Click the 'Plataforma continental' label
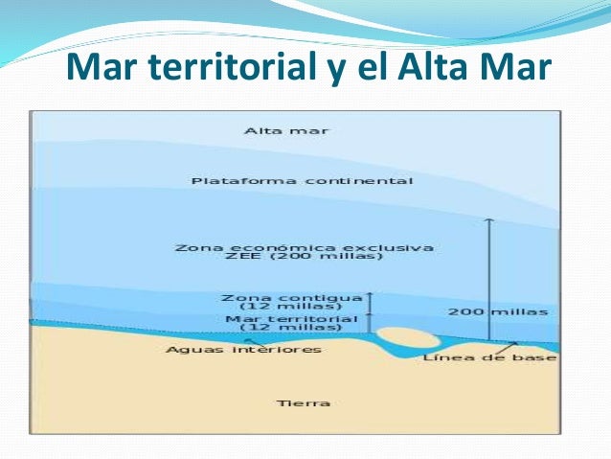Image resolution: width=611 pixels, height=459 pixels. pos(303,180)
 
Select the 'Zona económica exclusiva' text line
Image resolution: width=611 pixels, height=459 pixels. pos(304,247)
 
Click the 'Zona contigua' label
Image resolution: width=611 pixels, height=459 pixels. pos(291,297)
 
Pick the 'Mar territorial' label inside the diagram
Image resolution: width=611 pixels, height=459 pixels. pos(291,318)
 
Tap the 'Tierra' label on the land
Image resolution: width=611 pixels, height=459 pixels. pos(303,402)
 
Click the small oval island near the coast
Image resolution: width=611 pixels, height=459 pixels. pos(403,338)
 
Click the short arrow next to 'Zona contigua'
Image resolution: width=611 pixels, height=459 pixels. pos(368,302)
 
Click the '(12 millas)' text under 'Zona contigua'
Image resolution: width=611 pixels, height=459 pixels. pos(291,308)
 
